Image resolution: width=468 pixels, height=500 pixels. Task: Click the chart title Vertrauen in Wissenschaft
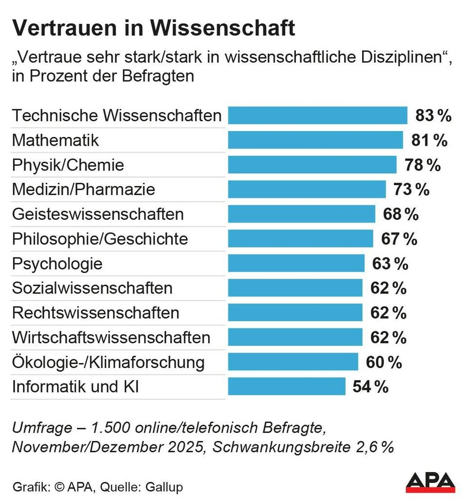pyautogui.click(x=153, y=28)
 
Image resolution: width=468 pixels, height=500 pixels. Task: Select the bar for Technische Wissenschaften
pyautogui.click(x=317, y=115)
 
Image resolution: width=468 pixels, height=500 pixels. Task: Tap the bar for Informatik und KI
pyautogui.click(x=287, y=387)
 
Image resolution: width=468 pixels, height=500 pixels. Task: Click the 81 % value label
pyautogui.click(x=428, y=140)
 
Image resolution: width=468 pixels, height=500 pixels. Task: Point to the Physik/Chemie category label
pyautogui.click(x=68, y=165)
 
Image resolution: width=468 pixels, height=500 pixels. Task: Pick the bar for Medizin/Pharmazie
pyautogui.click(x=307, y=189)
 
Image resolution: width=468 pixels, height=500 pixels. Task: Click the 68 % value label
pyautogui.click(x=399, y=214)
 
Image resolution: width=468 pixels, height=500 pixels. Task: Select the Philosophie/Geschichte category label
pyautogui.click(x=99, y=239)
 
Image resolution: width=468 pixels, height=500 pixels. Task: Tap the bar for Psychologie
pyautogui.click(x=296, y=264)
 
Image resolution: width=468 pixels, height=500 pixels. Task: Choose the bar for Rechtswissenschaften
pyautogui.click(x=295, y=313)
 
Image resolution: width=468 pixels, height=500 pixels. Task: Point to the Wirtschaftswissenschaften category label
pyautogui.click(x=111, y=338)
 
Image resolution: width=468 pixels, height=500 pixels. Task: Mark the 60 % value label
pyautogui.click(x=384, y=362)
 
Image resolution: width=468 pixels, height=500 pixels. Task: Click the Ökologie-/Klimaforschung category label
pyautogui.click(x=108, y=363)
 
